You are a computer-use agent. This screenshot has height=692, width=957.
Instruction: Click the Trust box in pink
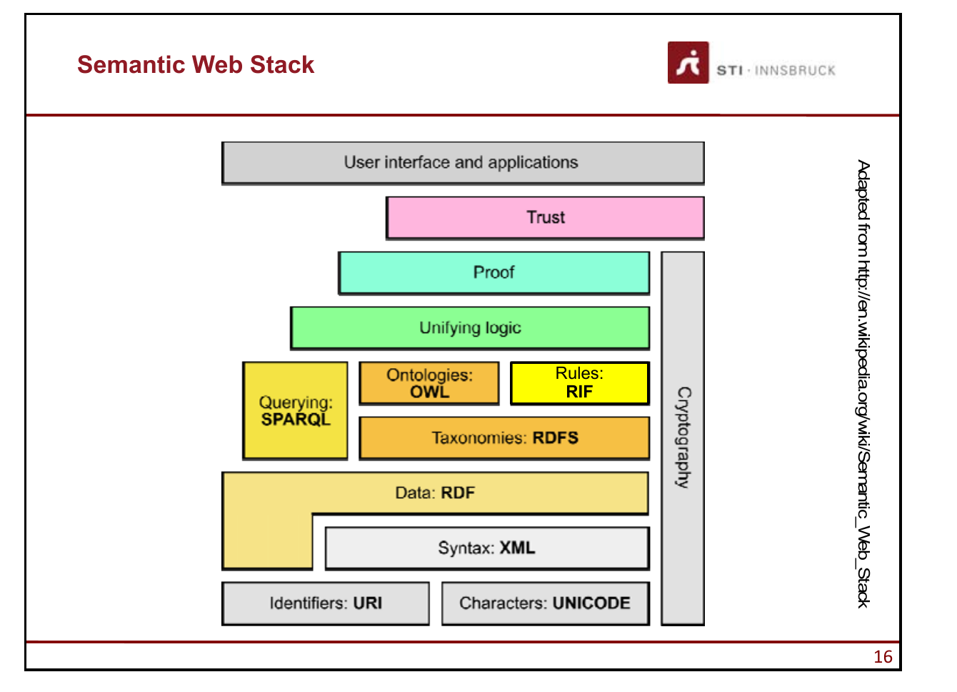point(545,218)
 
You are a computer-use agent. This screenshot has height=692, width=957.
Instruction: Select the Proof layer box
point(494,273)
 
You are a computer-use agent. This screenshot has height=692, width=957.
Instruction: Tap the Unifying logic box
point(470,328)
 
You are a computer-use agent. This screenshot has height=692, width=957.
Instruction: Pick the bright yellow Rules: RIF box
point(580,383)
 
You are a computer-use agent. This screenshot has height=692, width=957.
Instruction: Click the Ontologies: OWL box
point(429,383)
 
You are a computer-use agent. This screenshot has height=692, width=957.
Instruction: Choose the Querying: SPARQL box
point(295,410)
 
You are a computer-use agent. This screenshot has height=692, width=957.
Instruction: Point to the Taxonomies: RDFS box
point(504,438)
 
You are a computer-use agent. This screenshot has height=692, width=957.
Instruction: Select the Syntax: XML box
point(487,548)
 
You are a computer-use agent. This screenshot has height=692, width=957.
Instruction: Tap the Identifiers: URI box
point(326,603)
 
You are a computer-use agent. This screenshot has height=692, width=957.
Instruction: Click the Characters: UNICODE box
point(546,603)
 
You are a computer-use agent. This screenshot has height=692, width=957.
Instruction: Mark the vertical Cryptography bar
point(683,438)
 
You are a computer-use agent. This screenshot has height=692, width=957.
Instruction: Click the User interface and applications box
point(463,163)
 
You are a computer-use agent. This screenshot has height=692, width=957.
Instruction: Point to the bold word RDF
point(458,493)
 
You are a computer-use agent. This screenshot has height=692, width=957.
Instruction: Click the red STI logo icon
point(688,62)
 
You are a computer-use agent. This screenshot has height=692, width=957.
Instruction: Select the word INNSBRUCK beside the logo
point(795,71)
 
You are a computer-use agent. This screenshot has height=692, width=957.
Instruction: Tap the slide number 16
point(883,657)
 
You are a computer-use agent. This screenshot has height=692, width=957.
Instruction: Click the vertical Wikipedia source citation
point(863,384)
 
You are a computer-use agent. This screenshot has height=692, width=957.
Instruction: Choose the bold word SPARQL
point(296,420)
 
